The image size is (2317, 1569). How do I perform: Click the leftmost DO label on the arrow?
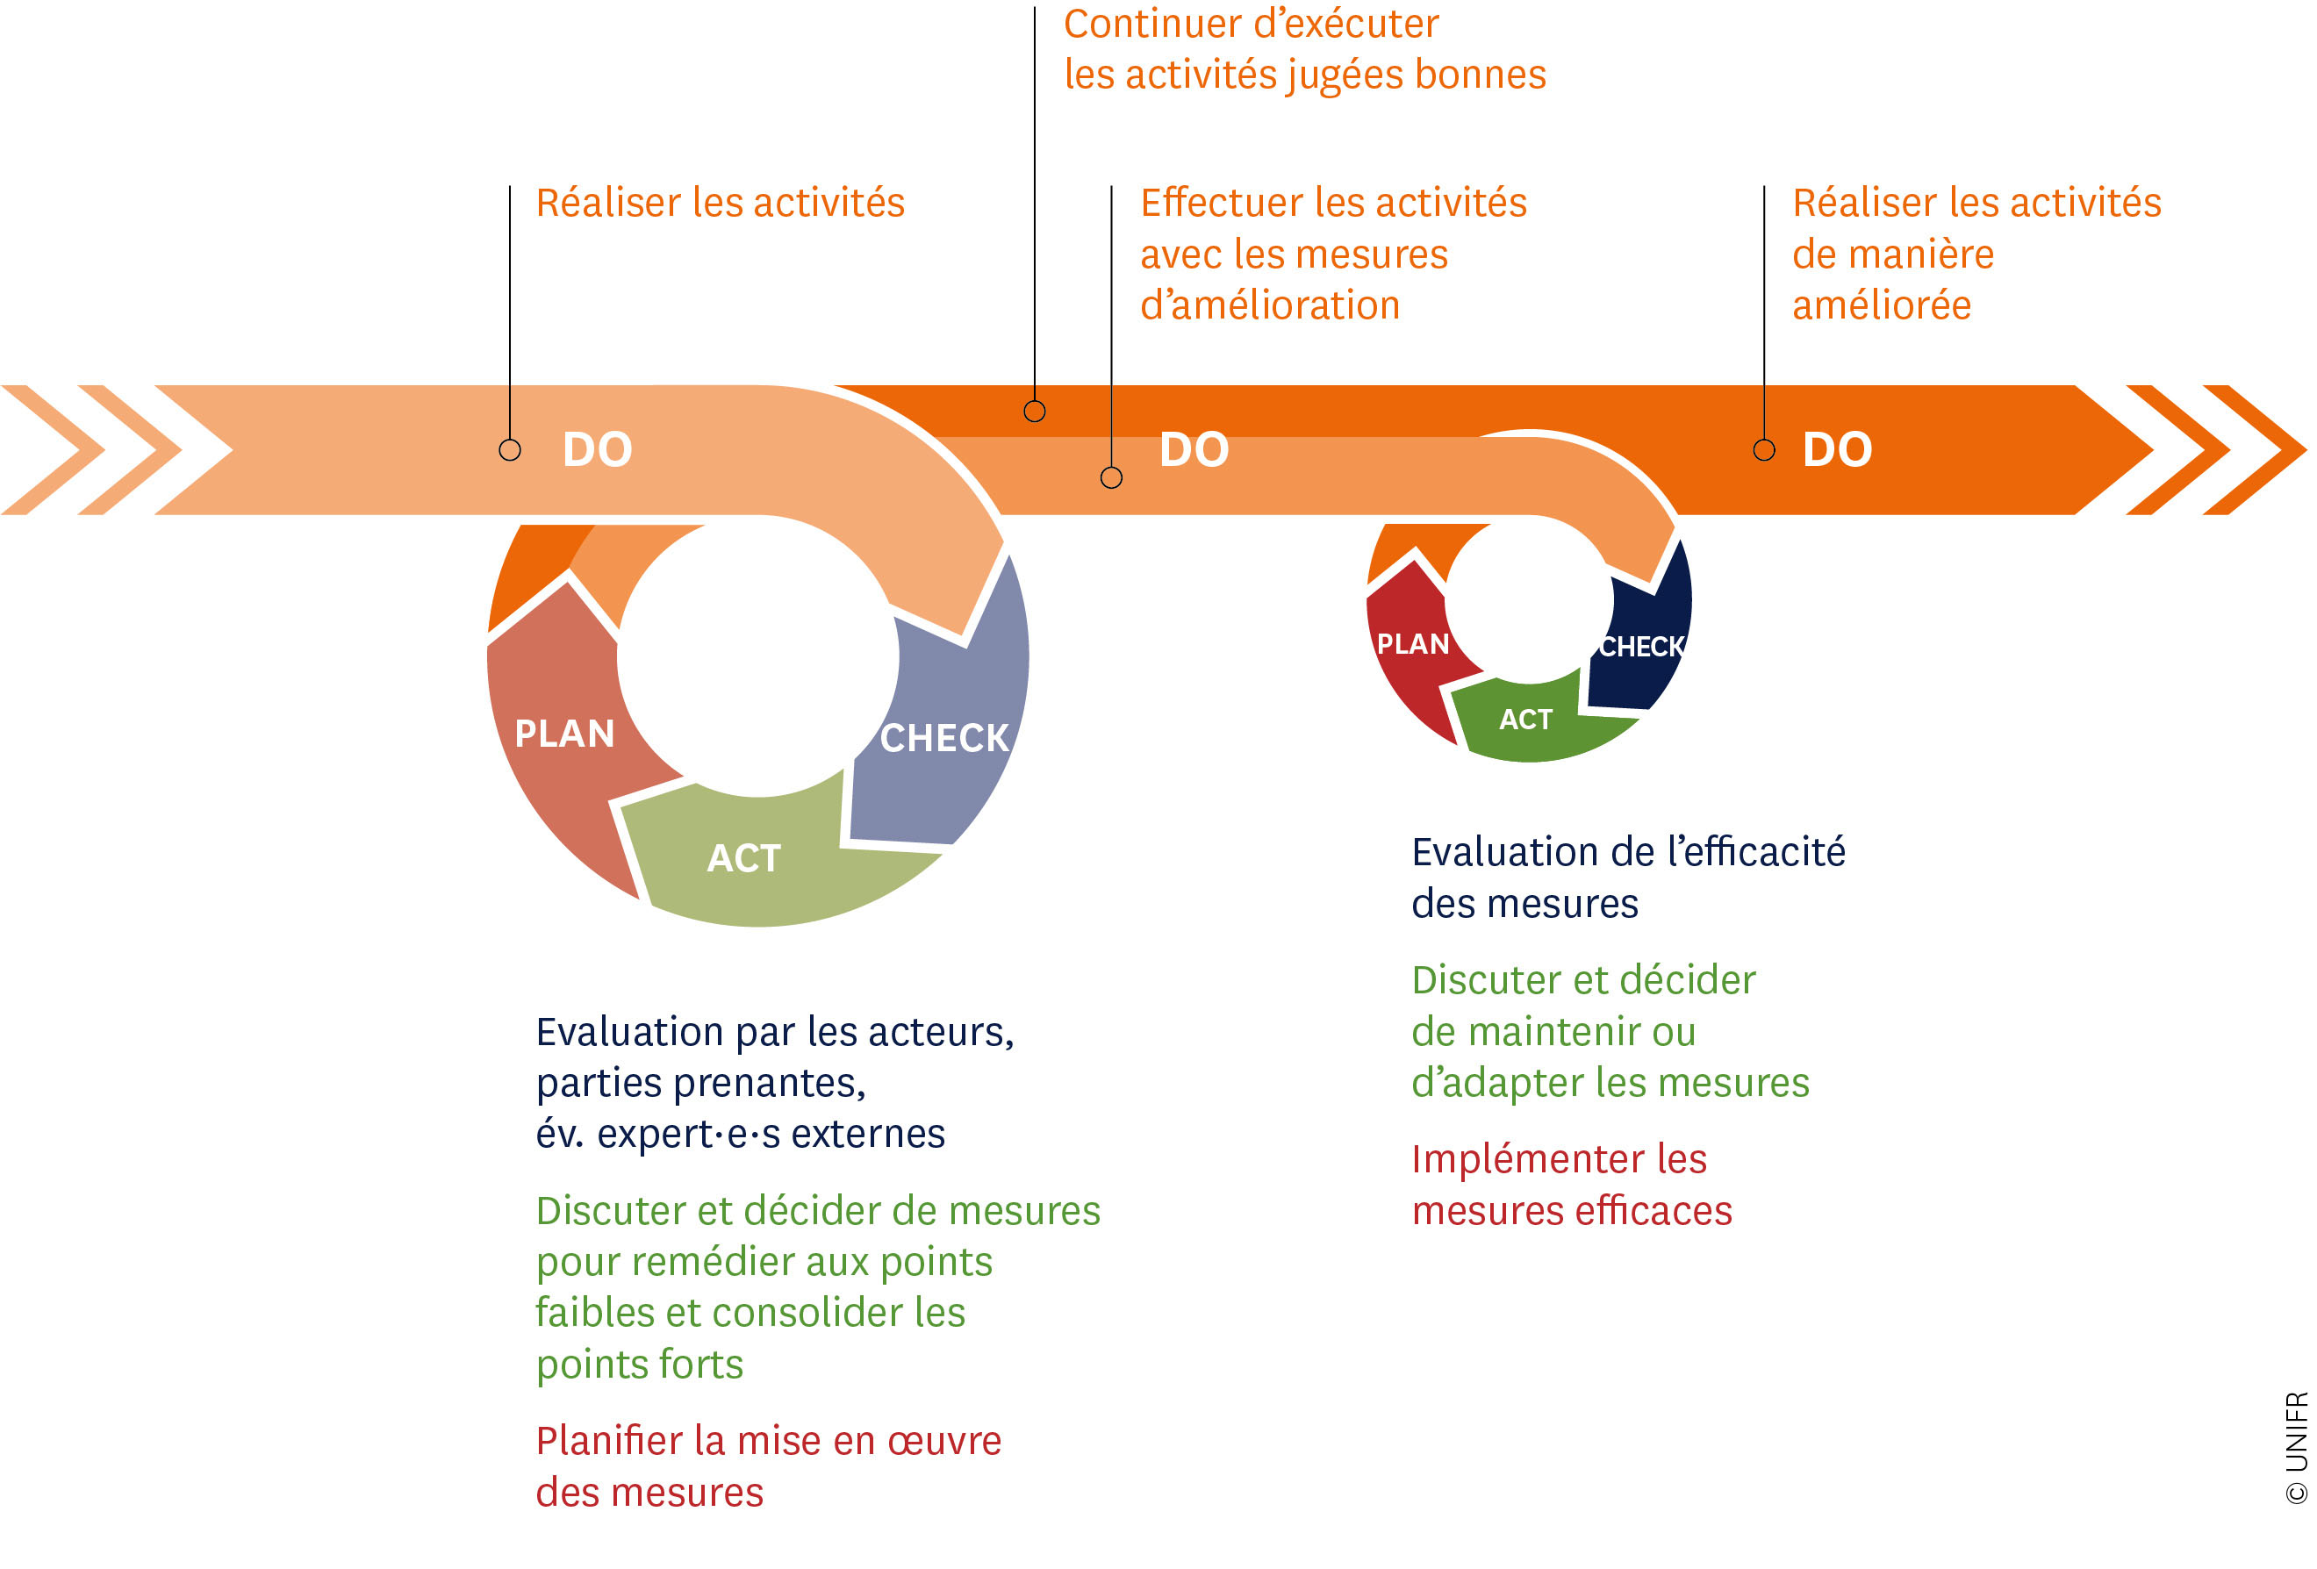[x=597, y=449]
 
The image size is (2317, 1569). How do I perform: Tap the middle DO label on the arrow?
[x=1194, y=449]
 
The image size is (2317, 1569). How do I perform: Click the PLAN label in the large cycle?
[x=564, y=734]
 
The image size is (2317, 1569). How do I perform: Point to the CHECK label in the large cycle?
[x=944, y=739]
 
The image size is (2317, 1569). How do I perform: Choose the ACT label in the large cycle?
[x=743, y=858]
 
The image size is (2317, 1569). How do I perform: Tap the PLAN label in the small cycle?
[x=1413, y=644]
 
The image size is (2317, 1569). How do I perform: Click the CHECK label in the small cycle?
[x=1642, y=647]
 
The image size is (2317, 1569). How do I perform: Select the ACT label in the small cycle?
[x=1525, y=720]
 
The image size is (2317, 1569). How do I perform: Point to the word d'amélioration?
[x=1270, y=305]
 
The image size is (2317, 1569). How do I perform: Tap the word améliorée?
[x=1882, y=305]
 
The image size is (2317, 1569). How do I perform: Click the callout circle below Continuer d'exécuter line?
[x=1035, y=411]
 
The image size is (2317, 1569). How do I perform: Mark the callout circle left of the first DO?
[x=509, y=449]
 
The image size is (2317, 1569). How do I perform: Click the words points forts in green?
[x=639, y=1365]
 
